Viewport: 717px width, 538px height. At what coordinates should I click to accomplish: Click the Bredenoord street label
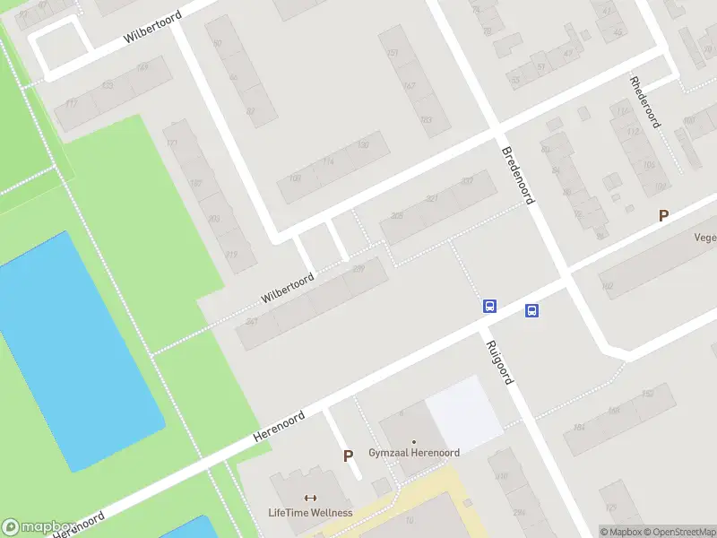[x=518, y=175]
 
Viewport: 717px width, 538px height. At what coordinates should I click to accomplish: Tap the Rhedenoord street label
[x=645, y=101]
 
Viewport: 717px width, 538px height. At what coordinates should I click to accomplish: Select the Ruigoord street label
[x=498, y=362]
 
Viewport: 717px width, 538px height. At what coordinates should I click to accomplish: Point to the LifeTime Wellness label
[x=310, y=513]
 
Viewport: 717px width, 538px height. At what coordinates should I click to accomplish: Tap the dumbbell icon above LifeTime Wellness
[x=310, y=499]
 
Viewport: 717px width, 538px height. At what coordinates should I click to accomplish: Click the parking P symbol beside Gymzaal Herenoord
[x=348, y=456]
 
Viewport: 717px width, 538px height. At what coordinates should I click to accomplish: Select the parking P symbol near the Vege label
[x=663, y=215]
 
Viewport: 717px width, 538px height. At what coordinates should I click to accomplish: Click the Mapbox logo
[x=38, y=527]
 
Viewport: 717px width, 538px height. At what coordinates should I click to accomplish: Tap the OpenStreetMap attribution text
[x=679, y=532]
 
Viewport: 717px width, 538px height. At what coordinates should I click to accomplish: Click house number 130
[x=363, y=144]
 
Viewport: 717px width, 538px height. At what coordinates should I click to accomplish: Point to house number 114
[x=328, y=161]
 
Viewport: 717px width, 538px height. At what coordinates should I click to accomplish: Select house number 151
[x=392, y=54]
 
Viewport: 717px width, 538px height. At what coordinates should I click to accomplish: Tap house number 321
[x=432, y=198]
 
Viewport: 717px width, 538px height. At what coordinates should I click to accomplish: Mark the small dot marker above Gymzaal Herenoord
[x=414, y=441]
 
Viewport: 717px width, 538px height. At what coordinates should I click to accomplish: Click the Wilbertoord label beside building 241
[x=288, y=288]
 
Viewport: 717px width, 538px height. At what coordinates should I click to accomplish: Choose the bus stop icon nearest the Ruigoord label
[x=489, y=306]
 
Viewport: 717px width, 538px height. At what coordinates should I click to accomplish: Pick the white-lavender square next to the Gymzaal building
[x=463, y=412]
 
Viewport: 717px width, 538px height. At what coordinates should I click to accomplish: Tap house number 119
[x=232, y=255]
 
